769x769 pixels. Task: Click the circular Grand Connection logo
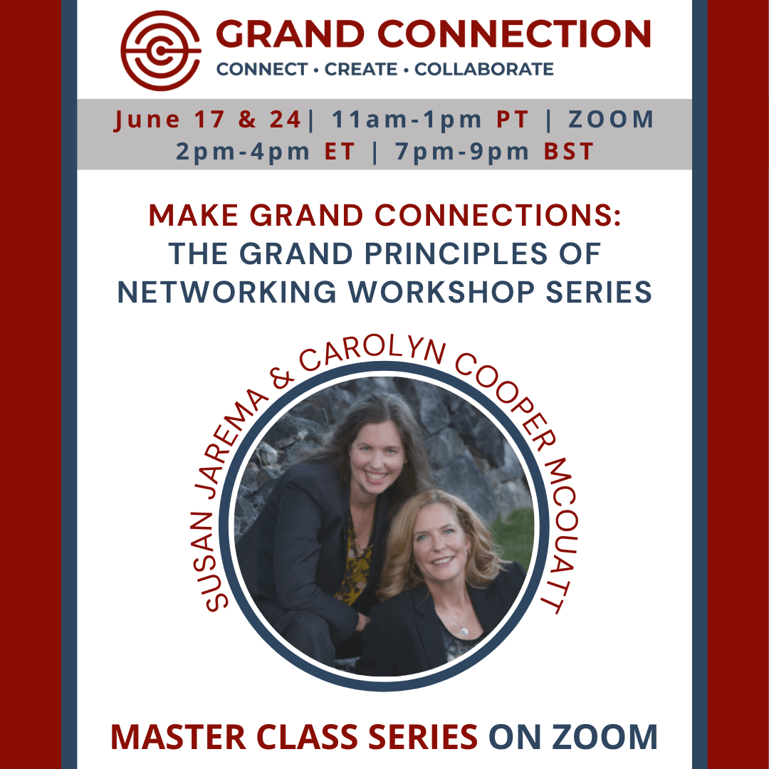pyautogui.click(x=161, y=51)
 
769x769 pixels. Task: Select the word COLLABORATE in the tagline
pyautogui.click(x=484, y=69)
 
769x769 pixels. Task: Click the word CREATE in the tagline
pyautogui.click(x=361, y=69)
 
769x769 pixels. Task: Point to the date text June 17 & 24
pyautogui.click(x=207, y=120)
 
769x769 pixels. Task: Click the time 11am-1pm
pyautogui.click(x=407, y=120)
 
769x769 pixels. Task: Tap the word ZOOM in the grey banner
pyautogui.click(x=611, y=120)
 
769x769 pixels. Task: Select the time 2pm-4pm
pyautogui.click(x=243, y=152)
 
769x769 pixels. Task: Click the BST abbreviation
pyautogui.click(x=569, y=152)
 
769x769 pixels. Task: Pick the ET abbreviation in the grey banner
pyautogui.click(x=340, y=152)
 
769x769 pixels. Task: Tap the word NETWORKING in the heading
pyautogui.click(x=226, y=293)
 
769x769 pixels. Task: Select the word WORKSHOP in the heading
pyautogui.click(x=441, y=293)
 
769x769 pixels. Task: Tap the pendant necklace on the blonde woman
pyautogui.click(x=462, y=630)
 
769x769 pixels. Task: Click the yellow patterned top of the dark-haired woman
pyautogui.click(x=355, y=559)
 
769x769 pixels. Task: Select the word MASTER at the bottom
pyautogui.click(x=178, y=737)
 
